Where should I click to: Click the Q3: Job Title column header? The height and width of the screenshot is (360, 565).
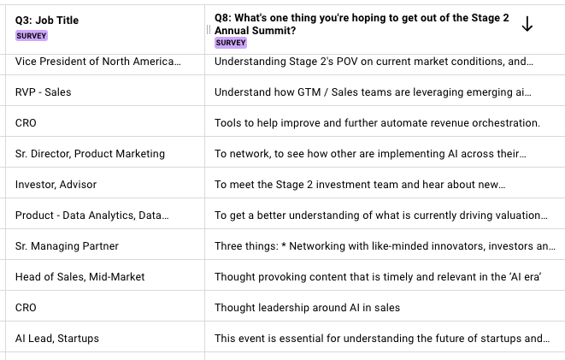click(x=47, y=21)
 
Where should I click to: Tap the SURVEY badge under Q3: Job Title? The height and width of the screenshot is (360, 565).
click(x=32, y=36)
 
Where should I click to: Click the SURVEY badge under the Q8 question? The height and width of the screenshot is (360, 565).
click(x=231, y=43)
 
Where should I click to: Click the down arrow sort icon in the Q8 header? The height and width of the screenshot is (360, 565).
click(x=527, y=26)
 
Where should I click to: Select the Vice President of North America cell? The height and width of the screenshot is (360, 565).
click(x=98, y=62)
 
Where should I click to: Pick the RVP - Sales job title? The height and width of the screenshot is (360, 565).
click(x=43, y=92)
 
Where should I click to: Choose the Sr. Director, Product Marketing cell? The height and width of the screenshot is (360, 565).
click(x=90, y=154)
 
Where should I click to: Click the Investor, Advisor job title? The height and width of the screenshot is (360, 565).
click(x=56, y=185)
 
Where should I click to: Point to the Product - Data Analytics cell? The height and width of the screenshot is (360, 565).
click(x=98, y=215)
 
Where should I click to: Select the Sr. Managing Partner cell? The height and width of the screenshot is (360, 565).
click(x=68, y=246)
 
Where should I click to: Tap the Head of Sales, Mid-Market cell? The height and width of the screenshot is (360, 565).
click(x=79, y=277)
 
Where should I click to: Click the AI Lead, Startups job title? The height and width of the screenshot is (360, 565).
click(x=57, y=339)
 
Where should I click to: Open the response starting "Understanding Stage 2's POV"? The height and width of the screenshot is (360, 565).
click(x=374, y=62)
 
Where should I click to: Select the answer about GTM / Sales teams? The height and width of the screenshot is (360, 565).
click(x=374, y=92)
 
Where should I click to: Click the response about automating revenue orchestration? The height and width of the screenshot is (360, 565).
click(x=377, y=123)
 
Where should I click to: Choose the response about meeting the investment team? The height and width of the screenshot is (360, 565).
click(x=360, y=185)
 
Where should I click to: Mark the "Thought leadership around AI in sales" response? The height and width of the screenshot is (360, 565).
click(x=307, y=308)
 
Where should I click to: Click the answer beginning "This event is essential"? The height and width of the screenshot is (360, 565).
click(x=381, y=339)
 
